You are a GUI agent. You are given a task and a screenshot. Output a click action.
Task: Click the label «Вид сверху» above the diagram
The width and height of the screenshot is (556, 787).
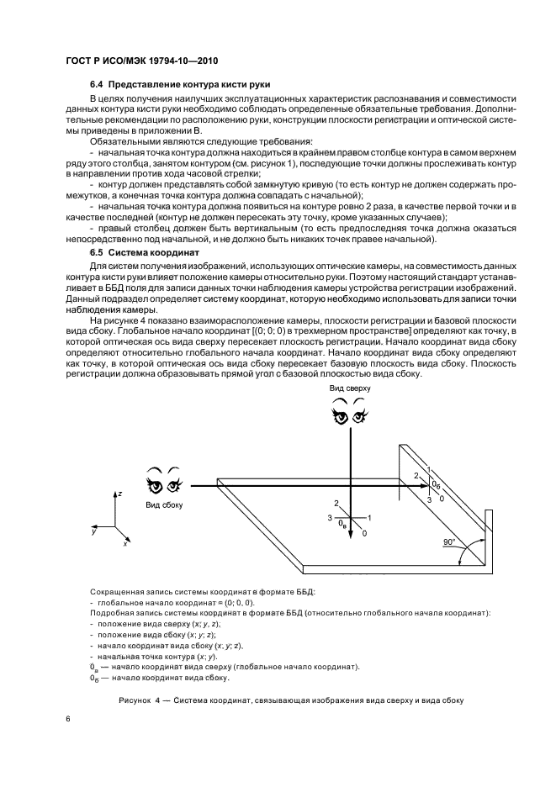pyautogui.click(x=349, y=389)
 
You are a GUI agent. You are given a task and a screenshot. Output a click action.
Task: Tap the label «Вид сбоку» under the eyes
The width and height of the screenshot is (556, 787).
pyautogui.click(x=163, y=504)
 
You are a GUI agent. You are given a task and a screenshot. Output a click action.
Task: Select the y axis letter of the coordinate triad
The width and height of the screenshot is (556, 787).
pyautogui.click(x=95, y=531)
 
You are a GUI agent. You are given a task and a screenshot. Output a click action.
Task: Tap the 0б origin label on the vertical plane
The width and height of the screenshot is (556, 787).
pyautogui.click(x=435, y=486)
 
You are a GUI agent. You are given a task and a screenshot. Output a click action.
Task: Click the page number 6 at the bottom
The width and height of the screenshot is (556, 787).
pyautogui.click(x=68, y=719)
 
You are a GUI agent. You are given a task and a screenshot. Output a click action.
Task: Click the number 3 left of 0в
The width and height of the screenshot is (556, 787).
pyautogui.click(x=331, y=518)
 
